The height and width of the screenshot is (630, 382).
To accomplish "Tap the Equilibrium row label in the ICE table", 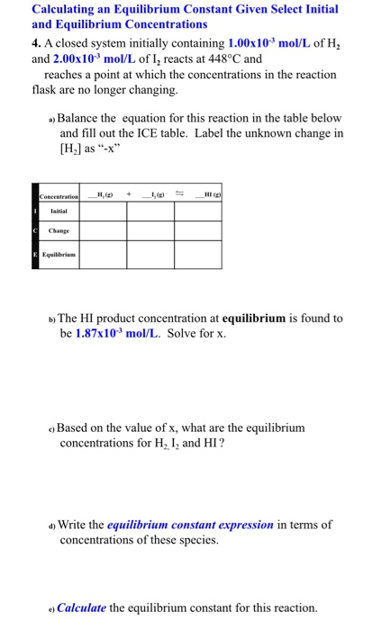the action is click(59, 255).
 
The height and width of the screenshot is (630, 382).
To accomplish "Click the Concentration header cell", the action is click(59, 196).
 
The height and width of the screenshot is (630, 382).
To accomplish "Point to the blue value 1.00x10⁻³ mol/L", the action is click(274, 43).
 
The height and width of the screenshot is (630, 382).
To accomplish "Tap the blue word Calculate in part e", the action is click(82, 607).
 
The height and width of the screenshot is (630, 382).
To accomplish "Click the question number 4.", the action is click(35, 43).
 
